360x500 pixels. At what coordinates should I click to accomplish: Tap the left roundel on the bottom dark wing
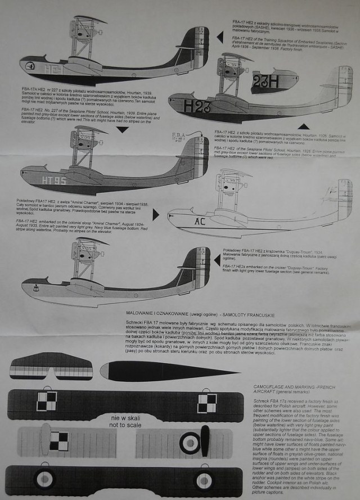click(44, 480)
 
